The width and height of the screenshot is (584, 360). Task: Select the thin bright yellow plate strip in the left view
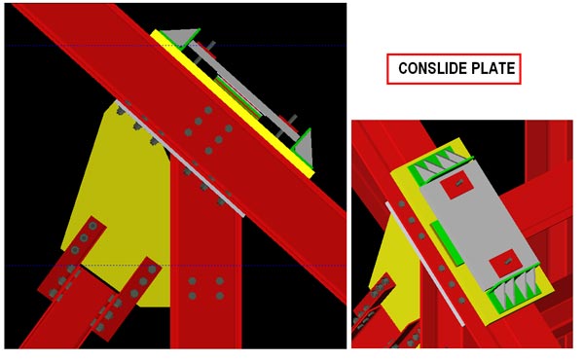coord(232,104)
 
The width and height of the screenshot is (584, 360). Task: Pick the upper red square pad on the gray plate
coord(456,185)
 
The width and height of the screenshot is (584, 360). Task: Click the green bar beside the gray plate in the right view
coord(447,242)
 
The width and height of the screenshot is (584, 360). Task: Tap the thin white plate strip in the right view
coord(424,265)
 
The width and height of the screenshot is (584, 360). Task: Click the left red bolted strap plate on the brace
coord(72,258)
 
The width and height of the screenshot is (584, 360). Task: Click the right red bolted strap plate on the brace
coord(127,299)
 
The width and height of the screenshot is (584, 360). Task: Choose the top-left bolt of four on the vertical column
coord(192,281)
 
